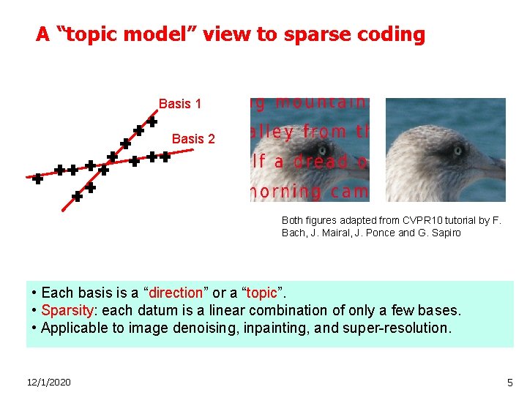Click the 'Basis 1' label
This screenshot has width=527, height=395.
click(x=180, y=104)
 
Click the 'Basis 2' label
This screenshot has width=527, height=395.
click(x=193, y=139)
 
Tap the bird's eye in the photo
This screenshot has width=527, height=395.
click(x=458, y=151)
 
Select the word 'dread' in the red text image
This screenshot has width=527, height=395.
click(x=310, y=161)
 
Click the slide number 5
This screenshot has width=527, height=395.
click(x=510, y=383)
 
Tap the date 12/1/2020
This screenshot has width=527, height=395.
click(x=48, y=383)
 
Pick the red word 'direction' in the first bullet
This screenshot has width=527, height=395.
click(x=176, y=293)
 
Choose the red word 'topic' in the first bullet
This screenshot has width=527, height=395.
click(x=262, y=293)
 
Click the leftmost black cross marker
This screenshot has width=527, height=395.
click(x=37, y=178)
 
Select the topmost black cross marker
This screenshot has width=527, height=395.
click(x=152, y=121)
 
